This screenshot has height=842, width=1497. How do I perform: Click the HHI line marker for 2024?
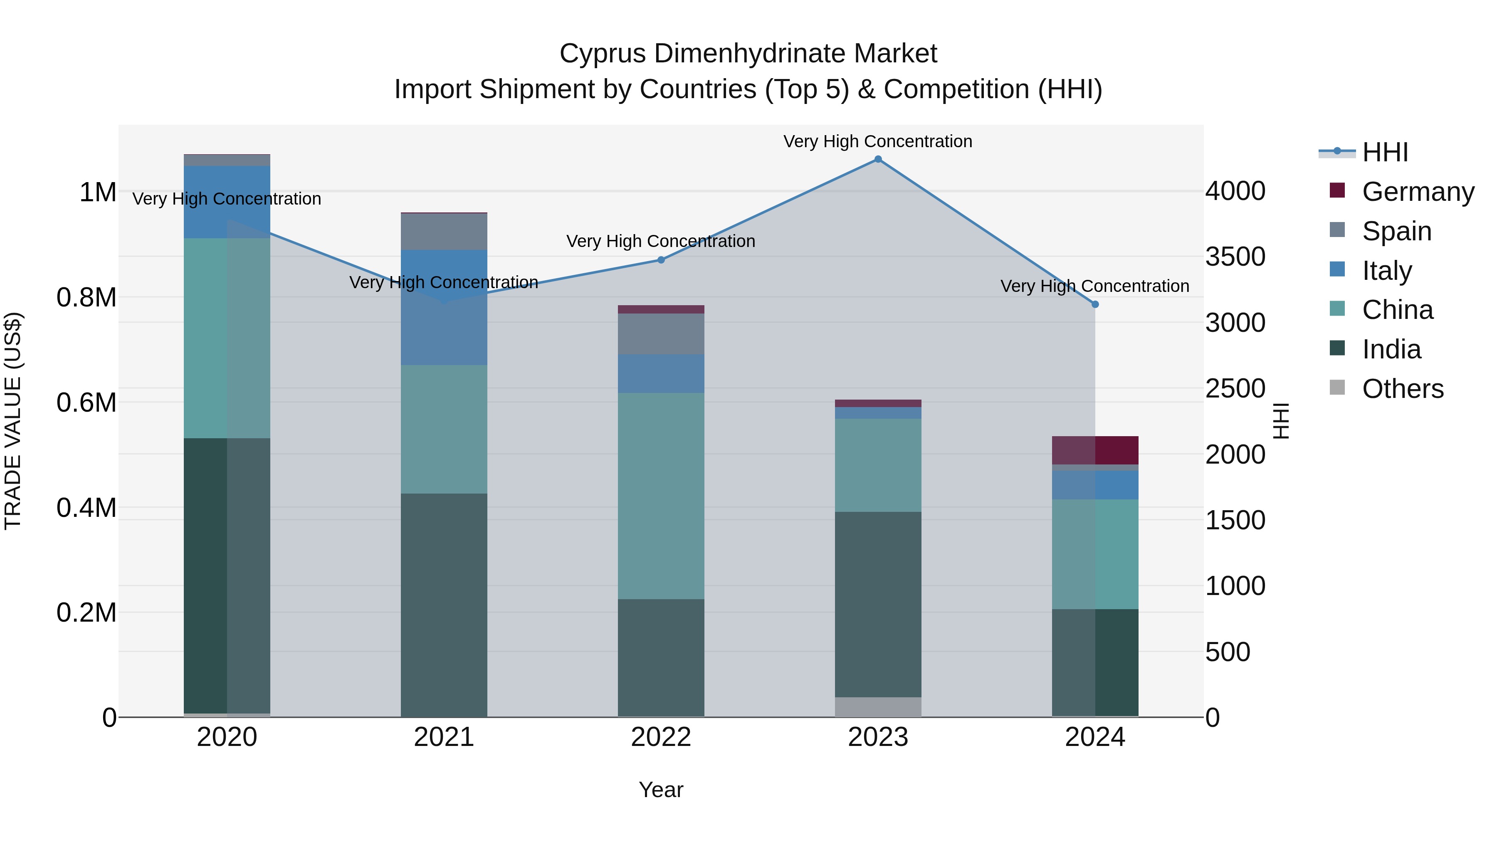coord(1095,304)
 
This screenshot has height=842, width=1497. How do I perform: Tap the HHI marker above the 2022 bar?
coord(661,260)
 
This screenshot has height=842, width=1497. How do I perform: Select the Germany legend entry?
coord(1418,192)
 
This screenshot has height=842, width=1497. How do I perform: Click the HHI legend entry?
coord(1385,152)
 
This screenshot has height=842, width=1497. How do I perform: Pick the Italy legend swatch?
coord(1337,269)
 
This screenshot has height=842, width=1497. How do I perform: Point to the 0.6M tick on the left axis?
coord(86,402)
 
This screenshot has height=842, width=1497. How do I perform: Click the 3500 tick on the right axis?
coord(1235,257)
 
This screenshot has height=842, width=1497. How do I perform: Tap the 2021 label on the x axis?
coord(444,737)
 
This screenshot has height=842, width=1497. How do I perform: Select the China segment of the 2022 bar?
coord(661,496)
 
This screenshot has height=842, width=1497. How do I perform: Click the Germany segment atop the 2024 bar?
coord(1095,450)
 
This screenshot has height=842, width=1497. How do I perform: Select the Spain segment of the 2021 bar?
coord(444,232)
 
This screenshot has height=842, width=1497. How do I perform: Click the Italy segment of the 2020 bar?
coord(227,202)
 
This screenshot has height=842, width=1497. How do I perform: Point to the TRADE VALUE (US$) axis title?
coord(13,421)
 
